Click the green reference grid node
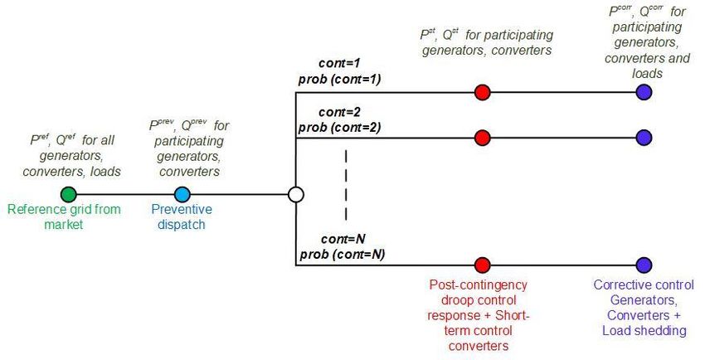68,195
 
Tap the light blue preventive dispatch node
182,195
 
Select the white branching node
296,195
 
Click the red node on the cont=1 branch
483,92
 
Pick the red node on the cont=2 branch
483,138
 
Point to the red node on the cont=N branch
483,265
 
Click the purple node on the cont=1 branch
644,92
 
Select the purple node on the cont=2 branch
644,138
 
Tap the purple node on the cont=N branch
644,265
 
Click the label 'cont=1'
339,63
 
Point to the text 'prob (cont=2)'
340,128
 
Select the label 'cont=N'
343,239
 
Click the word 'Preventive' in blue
182,209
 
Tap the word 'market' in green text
63,225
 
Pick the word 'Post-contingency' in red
479,285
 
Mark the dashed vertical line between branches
346,185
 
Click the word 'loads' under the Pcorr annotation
648,74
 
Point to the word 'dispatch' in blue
181,225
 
